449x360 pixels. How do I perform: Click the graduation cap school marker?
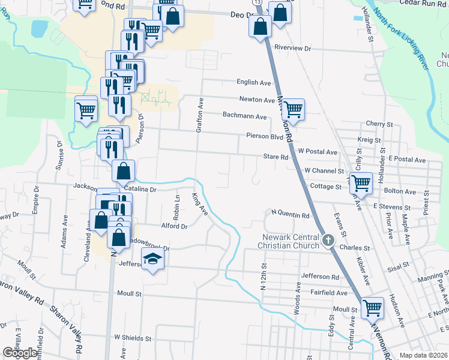[x=153, y=260]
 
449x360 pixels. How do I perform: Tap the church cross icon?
[x=328, y=241]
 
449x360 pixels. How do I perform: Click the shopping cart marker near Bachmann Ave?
[x=293, y=110]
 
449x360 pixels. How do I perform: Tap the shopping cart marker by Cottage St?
[x=361, y=182]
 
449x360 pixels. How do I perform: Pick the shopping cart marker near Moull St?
[x=372, y=308]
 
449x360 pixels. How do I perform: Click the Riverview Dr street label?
[x=293, y=48]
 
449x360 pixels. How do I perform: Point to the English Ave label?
[x=254, y=83]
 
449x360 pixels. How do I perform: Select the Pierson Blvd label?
[x=264, y=136]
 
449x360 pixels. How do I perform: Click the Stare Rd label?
[x=276, y=157]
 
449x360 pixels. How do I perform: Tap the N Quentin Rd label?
[x=291, y=214]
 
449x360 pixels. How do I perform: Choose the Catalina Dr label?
[x=140, y=189]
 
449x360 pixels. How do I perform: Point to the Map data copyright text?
[x=423, y=355]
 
